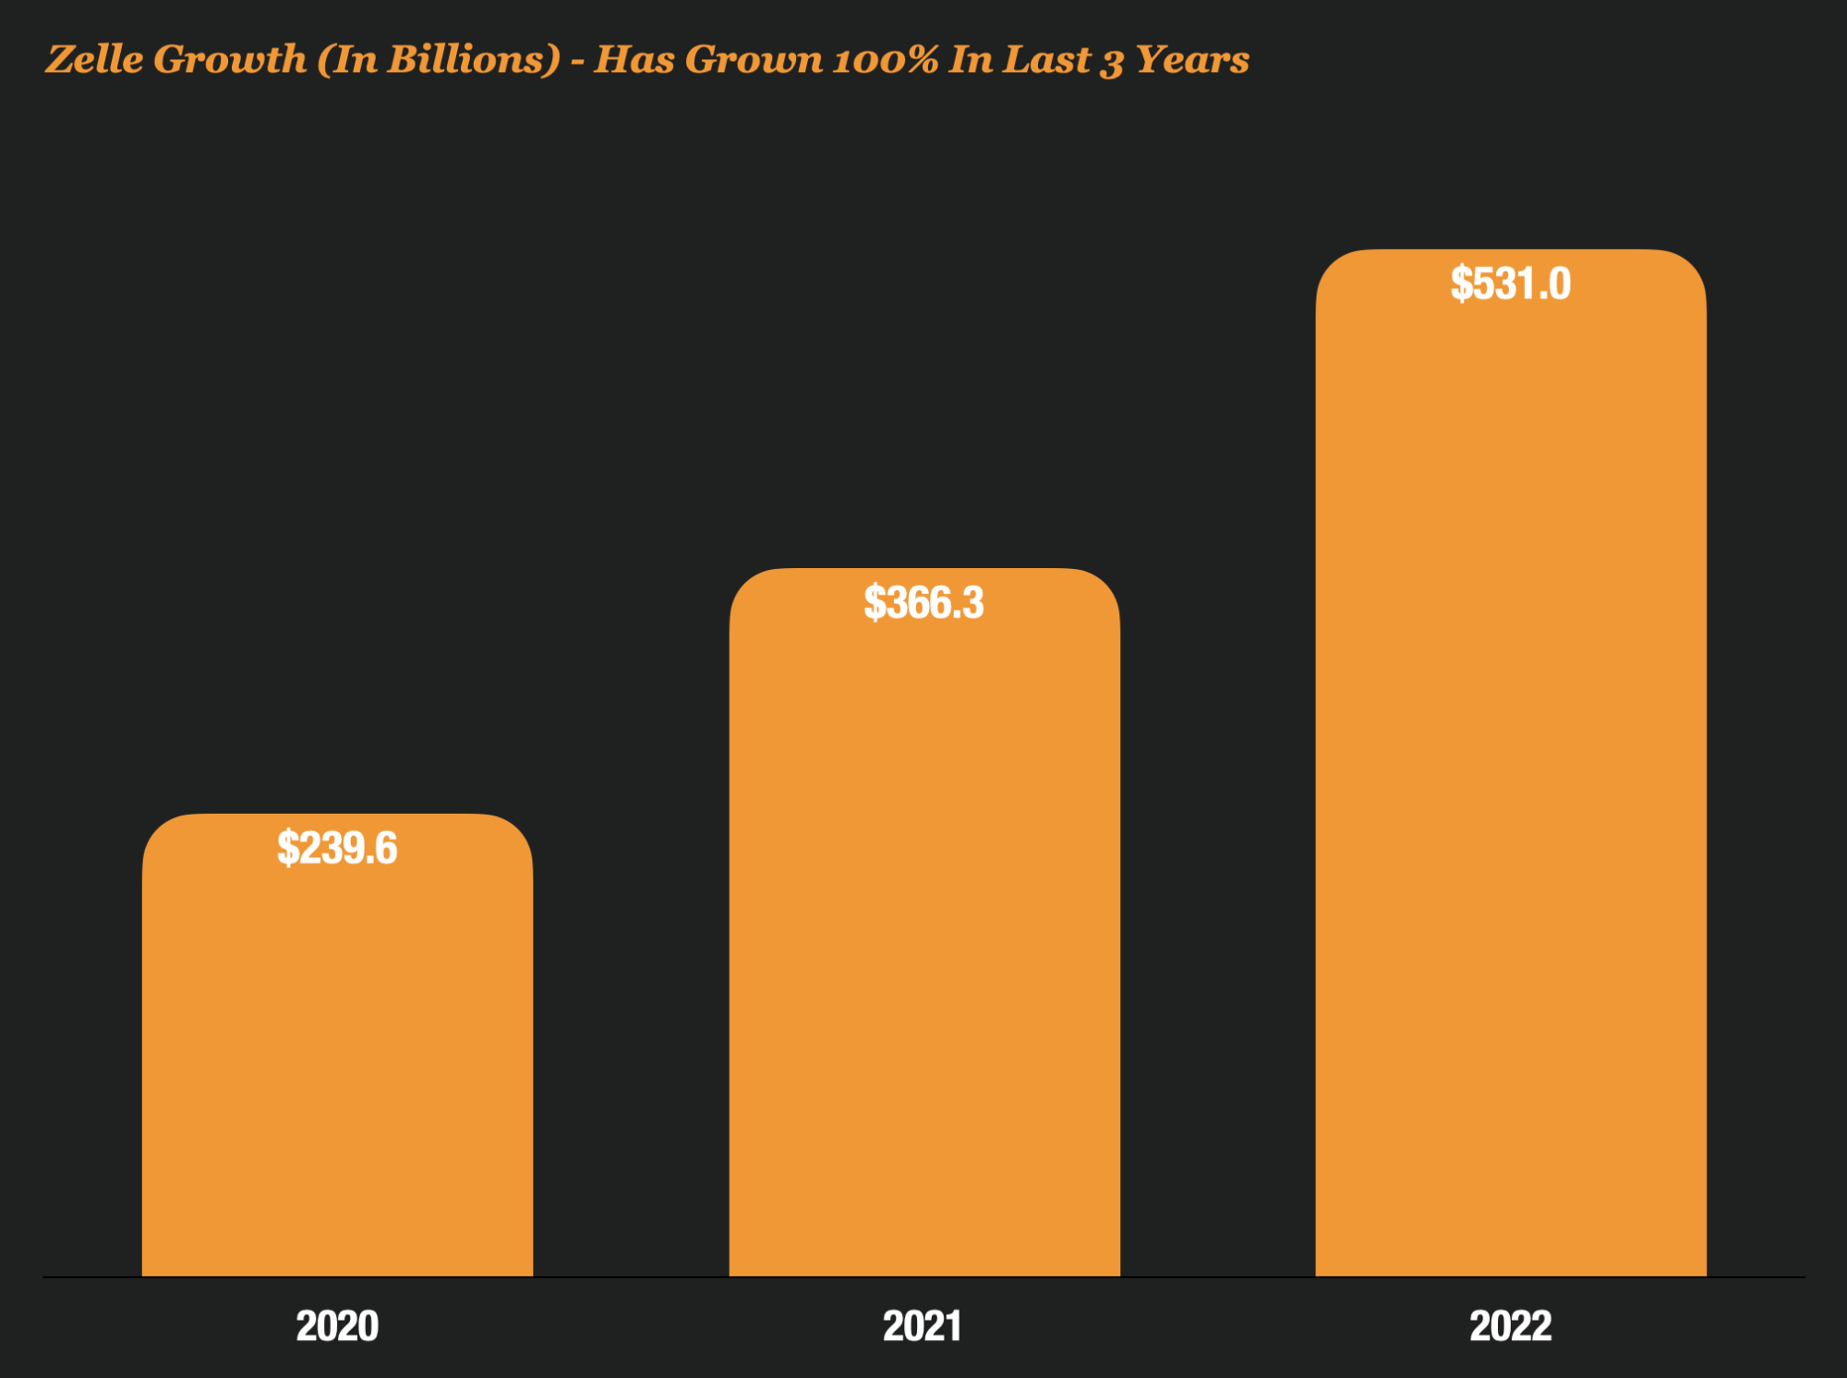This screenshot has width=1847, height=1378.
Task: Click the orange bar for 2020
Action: pos(337,1062)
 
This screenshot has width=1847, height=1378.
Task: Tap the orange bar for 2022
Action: pos(1511,785)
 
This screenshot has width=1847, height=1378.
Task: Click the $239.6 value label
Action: pos(337,848)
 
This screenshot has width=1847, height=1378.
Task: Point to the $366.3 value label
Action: pos(923,603)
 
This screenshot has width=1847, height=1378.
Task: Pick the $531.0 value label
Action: pos(1511,284)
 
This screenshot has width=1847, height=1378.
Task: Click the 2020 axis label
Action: pos(337,1326)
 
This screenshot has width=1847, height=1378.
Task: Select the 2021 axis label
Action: pos(923,1326)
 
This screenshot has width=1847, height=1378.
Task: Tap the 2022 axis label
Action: pos(1511,1326)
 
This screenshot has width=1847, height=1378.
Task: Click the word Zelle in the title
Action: pos(95,59)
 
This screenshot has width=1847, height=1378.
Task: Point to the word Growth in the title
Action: pos(230,59)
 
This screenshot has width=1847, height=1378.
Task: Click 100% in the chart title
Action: pos(886,60)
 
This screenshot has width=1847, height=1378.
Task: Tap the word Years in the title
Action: pos(1191,60)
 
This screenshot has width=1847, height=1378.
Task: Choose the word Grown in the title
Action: pos(754,60)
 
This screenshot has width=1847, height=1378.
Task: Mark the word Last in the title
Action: pos(1046,59)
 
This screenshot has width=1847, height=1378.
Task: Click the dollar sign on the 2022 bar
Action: pos(1461,284)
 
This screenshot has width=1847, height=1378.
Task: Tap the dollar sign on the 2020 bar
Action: pos(288,848)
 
